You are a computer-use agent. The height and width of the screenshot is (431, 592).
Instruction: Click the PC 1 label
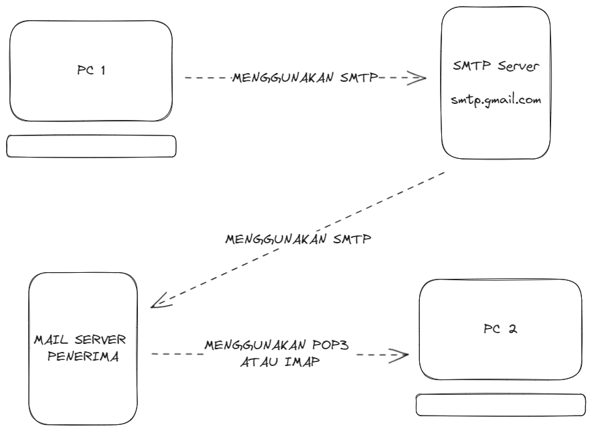coord(91,70)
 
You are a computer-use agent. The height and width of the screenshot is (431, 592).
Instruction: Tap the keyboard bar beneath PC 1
coord(91,146)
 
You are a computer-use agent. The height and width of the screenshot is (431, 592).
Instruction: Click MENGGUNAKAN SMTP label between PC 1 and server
coord(304,78)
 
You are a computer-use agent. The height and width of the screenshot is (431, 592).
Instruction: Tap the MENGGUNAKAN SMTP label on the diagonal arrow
coord(298,239)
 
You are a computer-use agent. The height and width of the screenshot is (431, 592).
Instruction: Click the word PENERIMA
coord(83,357)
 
